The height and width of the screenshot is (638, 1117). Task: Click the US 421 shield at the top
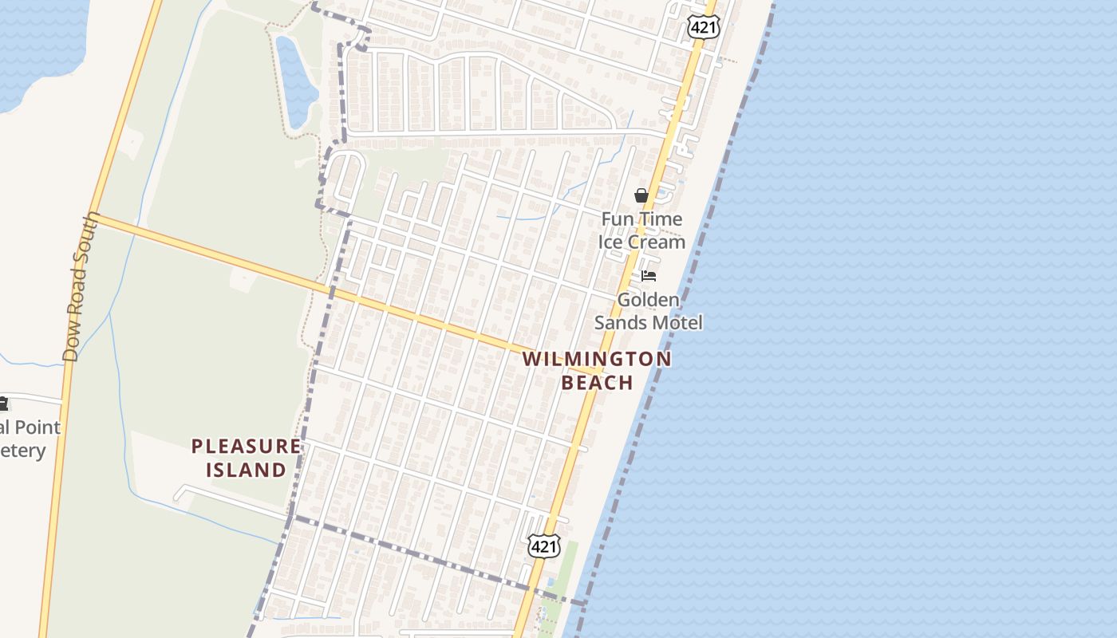pos(703,28)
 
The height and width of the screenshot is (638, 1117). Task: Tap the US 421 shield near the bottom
pos(543,546)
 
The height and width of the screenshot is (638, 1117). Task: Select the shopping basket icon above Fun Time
pos(641,195)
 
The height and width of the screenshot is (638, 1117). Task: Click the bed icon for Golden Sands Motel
pos(649,276)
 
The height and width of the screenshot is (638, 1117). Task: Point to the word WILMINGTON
pos(597,360)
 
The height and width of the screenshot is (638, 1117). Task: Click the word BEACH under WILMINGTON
pos(597,383)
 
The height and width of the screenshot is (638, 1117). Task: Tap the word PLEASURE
pos(247,447)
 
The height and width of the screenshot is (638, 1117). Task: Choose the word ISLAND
pos(247,470)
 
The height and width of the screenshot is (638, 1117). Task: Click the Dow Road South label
pos(82,287)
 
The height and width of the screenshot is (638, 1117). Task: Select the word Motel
pos(677,322)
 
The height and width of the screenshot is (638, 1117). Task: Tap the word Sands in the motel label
pos(620,322)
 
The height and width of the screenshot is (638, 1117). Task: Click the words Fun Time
pos(641,219)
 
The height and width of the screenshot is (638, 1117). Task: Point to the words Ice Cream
pos(641,242)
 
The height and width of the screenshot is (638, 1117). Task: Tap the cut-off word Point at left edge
pos(37,427)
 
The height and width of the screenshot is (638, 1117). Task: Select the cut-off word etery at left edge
pos(22,451)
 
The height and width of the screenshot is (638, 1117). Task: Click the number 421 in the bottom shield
pos(543,547)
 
